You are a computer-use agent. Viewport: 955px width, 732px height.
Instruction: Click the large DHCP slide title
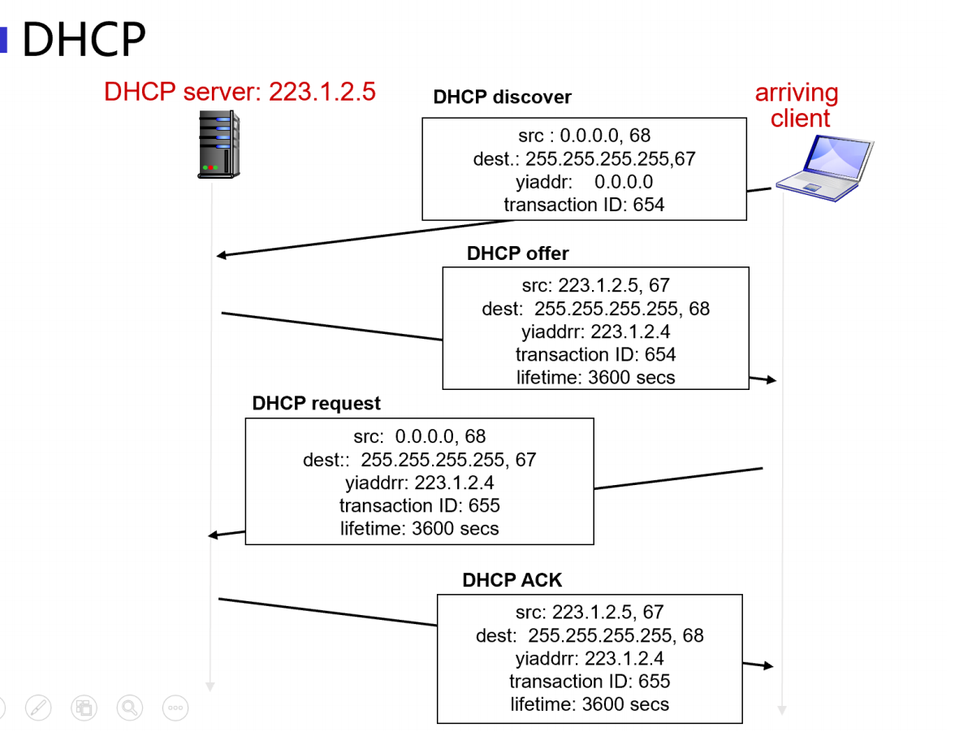tap(84, 39)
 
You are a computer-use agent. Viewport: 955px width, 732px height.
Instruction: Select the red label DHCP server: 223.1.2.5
tap(240, 91)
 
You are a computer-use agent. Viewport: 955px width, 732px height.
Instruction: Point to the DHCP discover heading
tap(502, 97)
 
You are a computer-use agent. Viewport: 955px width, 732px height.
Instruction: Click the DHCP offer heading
tap(517, 253)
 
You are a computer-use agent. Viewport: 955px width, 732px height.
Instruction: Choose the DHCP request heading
tap(317, 404)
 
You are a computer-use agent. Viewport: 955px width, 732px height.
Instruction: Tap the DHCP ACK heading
tap(512, 581)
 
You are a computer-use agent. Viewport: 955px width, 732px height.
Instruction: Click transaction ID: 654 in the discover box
tap(584, 205)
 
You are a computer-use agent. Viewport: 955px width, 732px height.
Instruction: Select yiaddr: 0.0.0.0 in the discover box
tap(584, 182)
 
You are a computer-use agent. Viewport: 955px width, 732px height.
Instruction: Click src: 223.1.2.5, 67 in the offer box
tap(596, 286)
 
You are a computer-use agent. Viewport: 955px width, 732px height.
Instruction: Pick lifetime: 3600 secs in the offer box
tap(596, 377)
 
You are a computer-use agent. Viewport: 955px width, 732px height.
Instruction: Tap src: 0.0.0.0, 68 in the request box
tap(420, 437)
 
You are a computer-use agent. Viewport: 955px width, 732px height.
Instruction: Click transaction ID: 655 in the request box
tap(420, 505)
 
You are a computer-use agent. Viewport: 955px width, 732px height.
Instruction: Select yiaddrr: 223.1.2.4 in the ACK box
tap(590, 658)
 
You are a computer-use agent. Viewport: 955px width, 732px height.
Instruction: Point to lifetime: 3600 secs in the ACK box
tap(590, 704)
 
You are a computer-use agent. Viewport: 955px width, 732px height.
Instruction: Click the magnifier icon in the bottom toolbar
tap(129, 708)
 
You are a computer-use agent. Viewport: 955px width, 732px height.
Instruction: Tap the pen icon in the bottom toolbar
tap(38, 708)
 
